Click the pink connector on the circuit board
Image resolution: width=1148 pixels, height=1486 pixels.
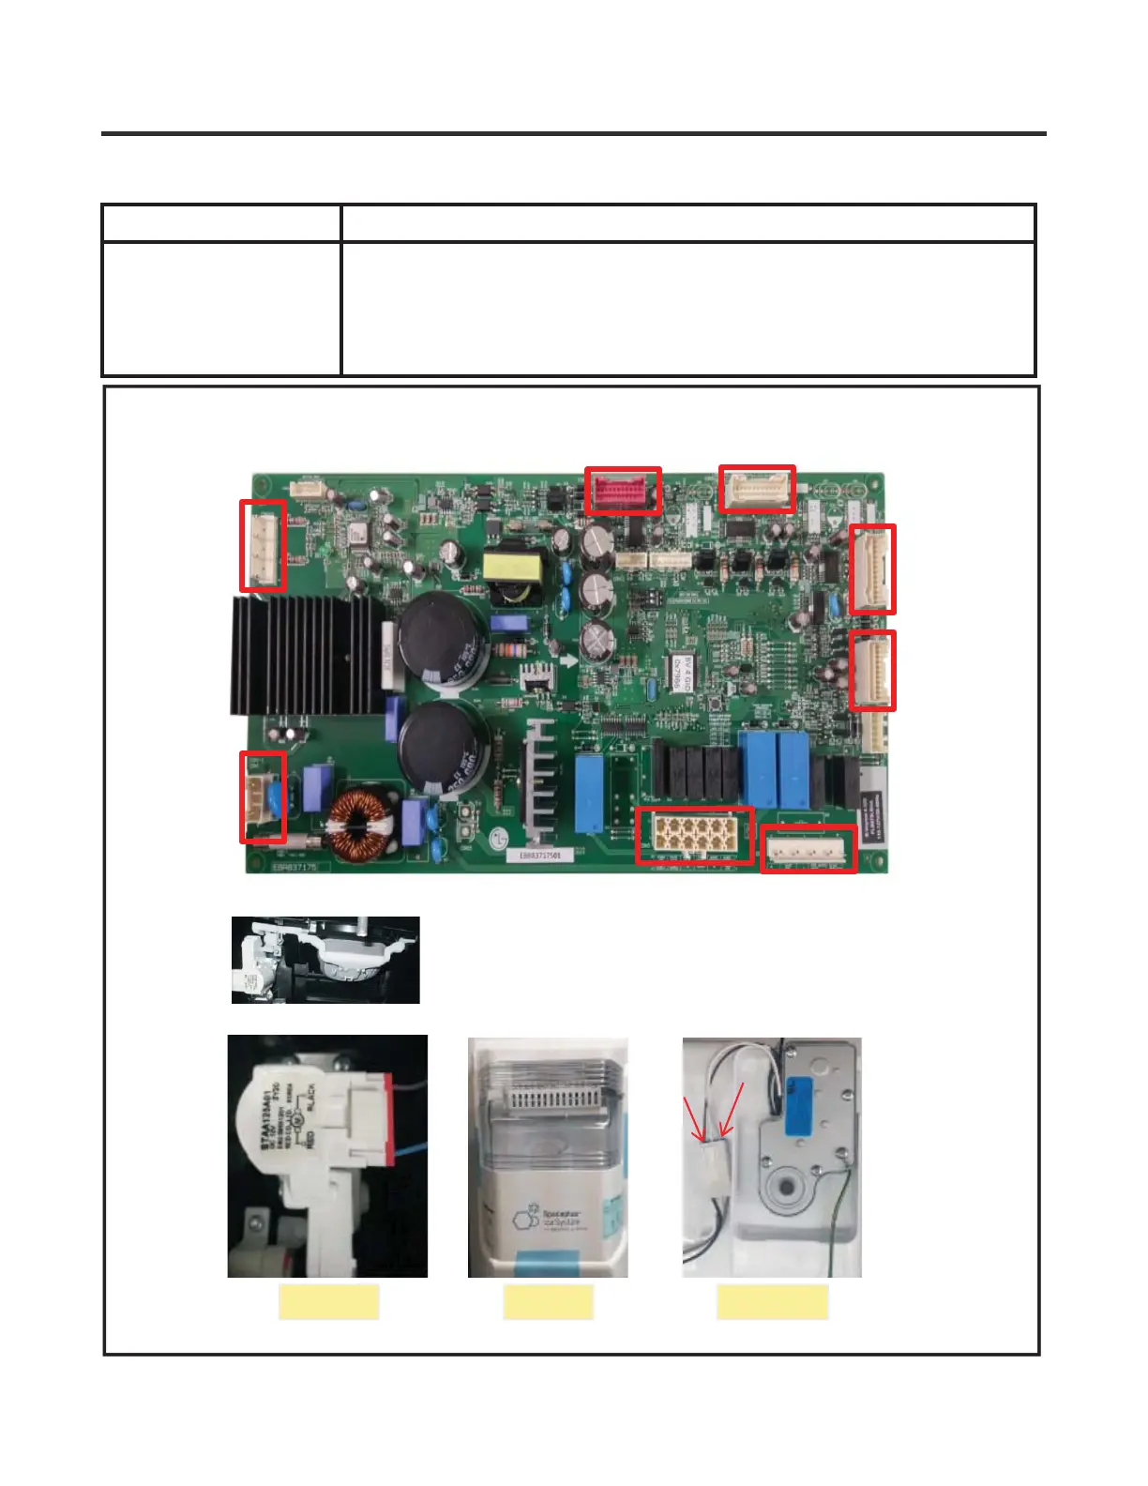click(x=622, y=492)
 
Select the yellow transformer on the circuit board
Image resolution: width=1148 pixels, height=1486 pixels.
click(x=513, y=567)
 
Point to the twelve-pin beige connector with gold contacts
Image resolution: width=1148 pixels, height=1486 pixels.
click(x=694, y=835)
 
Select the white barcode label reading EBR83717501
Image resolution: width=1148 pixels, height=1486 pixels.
click(x=540, y=856)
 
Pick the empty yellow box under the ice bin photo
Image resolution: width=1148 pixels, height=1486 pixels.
click(x=548, y=1302)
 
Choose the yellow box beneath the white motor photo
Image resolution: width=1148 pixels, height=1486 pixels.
click(x=328, y=1302)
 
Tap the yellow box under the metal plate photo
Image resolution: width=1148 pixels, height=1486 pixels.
click(x=772, y=1302)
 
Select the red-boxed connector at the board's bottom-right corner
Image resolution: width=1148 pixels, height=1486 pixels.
click(x=808, y=850)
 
